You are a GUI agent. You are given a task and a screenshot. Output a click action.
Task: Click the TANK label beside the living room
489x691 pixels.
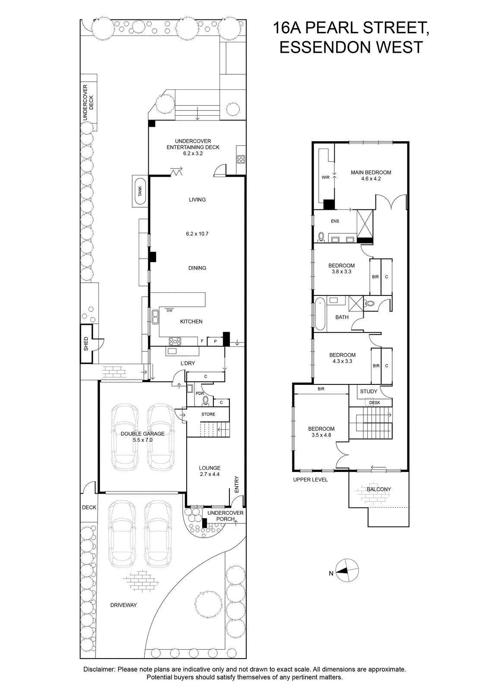(x=140, y=191)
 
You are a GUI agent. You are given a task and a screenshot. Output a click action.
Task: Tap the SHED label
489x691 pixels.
(x=86, y=344)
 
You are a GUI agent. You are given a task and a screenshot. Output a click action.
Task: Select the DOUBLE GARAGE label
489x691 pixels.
(x=143, y=434)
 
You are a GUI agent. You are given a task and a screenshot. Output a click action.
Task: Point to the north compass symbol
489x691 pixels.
(x=347, y=571)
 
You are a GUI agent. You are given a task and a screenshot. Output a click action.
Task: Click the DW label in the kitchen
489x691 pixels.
(x=169, y=311)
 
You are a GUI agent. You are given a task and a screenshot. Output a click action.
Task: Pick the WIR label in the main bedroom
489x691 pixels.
(x=325, y=178)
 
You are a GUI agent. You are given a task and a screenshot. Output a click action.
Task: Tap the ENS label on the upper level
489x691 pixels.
(x=335, y=221)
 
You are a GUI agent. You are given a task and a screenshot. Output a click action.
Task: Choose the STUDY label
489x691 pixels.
(x=368, y=391)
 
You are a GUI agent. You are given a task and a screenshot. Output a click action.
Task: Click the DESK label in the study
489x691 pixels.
(x=375, y=403)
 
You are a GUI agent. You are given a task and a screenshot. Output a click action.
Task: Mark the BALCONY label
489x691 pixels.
(x=378, y=489)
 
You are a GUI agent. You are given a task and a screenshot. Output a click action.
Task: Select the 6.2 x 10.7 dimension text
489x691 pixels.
(x=197, y=234)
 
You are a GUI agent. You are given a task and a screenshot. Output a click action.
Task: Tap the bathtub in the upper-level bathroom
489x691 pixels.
(x=320, y=314)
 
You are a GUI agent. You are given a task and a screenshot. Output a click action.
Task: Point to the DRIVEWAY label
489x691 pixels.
(x=124, y=605)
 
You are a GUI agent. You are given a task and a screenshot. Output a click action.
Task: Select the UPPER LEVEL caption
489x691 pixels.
(x=310, y=480)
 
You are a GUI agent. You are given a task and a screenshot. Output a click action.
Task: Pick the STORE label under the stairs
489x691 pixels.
(x=208, y=414)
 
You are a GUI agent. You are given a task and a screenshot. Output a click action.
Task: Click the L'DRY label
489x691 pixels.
(x=188, y=363)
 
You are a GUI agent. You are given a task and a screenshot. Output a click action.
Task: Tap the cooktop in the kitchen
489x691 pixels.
(x=175, y=341)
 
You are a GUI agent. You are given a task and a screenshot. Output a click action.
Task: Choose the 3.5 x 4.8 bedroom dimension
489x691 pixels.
(x=321, y=435)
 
